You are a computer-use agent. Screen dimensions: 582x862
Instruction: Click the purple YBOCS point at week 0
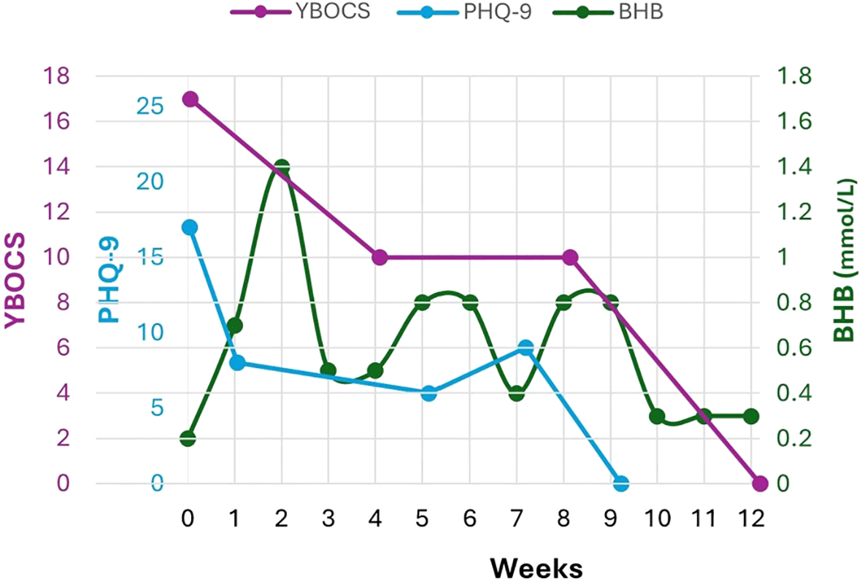coord(190,99)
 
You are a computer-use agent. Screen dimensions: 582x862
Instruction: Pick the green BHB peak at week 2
coord(282,167)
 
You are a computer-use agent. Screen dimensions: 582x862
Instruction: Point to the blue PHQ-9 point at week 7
coord(526,348)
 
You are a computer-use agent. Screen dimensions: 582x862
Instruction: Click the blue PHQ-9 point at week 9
coord(621,483)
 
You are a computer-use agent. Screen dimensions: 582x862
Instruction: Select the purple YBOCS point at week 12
coord(760,483)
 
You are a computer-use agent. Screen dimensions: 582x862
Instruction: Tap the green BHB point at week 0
coord(188,438)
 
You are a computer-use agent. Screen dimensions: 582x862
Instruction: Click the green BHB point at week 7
coord(517,393)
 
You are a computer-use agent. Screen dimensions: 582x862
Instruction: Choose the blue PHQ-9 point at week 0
coord(190,227)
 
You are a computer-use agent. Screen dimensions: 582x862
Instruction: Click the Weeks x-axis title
coord(536,567)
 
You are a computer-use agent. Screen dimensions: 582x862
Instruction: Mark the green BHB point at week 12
coord(751,416)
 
